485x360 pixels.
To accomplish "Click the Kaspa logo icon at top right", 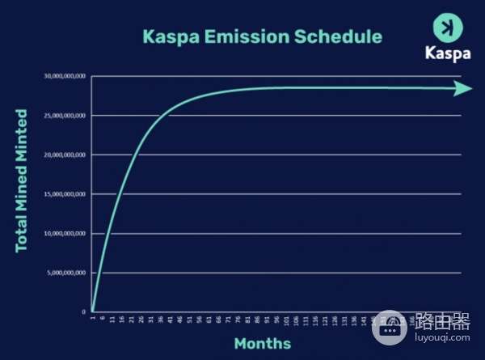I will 446,27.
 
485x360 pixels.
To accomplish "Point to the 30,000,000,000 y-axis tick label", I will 65,76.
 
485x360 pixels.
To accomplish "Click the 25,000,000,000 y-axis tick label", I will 65,116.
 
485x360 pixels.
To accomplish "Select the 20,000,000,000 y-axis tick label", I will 65,155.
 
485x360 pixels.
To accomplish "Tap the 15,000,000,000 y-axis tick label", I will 65,194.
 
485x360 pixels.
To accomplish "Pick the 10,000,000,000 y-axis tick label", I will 65,234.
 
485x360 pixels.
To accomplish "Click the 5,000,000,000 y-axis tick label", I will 66,273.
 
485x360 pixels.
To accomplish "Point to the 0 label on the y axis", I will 83,311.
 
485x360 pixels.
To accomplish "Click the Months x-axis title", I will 263,344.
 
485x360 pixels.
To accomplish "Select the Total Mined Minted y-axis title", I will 22,180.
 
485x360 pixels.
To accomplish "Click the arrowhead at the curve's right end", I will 463,88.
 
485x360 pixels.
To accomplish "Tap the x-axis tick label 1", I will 93,318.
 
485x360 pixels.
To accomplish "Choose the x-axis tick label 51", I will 190,320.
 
